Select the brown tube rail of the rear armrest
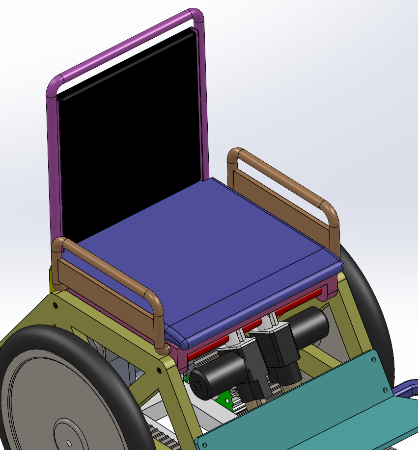285,176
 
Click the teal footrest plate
314,412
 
